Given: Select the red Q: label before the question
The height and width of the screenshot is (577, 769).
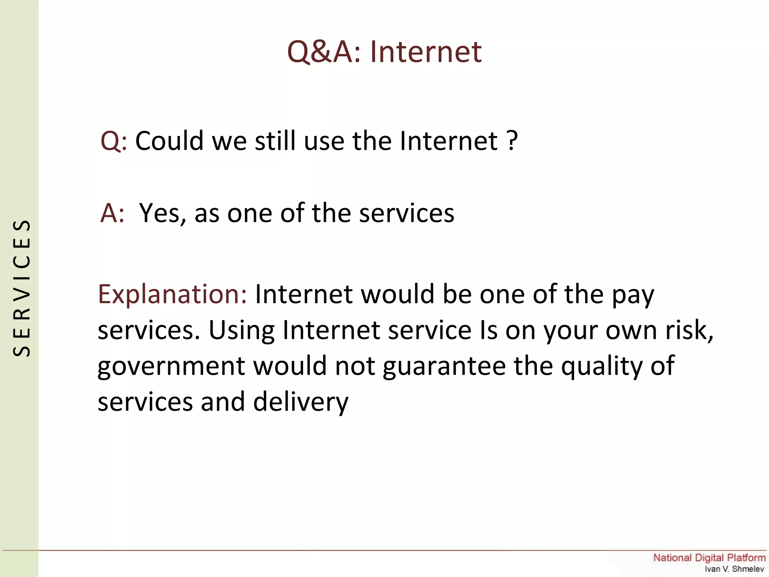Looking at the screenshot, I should pos(113,141).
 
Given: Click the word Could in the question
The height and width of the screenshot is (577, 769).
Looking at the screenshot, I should pos(169,141).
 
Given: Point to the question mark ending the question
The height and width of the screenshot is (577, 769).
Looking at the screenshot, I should pos(512,141).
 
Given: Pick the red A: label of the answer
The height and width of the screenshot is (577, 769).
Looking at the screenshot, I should pos(112,213).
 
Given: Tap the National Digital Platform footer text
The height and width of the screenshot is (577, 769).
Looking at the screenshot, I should pos(709,558).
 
